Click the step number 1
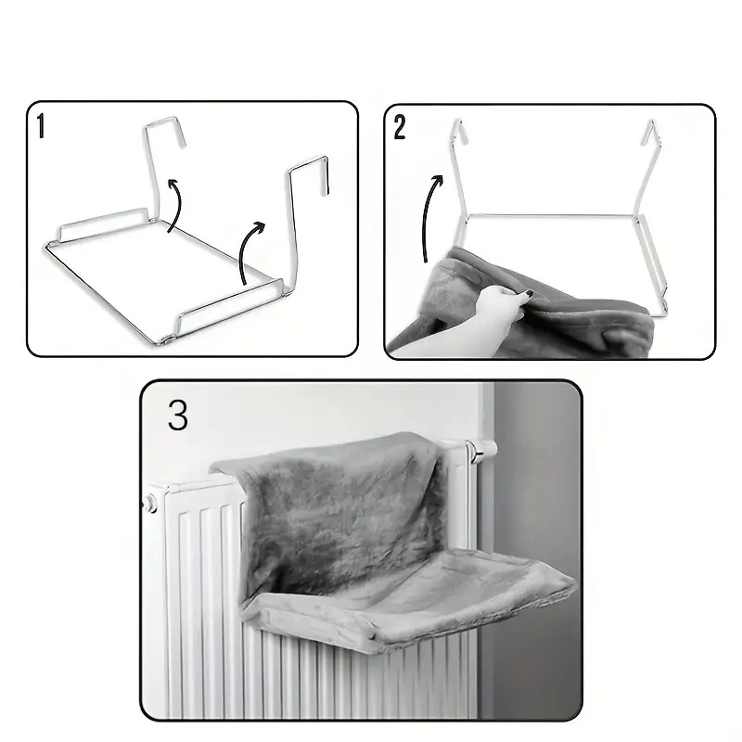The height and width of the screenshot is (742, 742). (41, 125)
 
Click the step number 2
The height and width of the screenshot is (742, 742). (400, 128)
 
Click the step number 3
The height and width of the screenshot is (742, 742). (178, 416)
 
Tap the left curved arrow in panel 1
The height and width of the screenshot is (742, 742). (176, 204)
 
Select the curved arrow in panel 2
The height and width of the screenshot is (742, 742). (428, 215)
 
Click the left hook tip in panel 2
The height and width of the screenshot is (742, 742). (457, 121)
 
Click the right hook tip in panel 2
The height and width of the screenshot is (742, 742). (652, 122)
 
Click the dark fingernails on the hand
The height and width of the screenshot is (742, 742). (526, 295)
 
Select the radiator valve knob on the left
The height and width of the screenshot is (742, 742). (149, 502)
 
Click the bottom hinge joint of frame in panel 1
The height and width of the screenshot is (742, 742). (167, 339)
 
